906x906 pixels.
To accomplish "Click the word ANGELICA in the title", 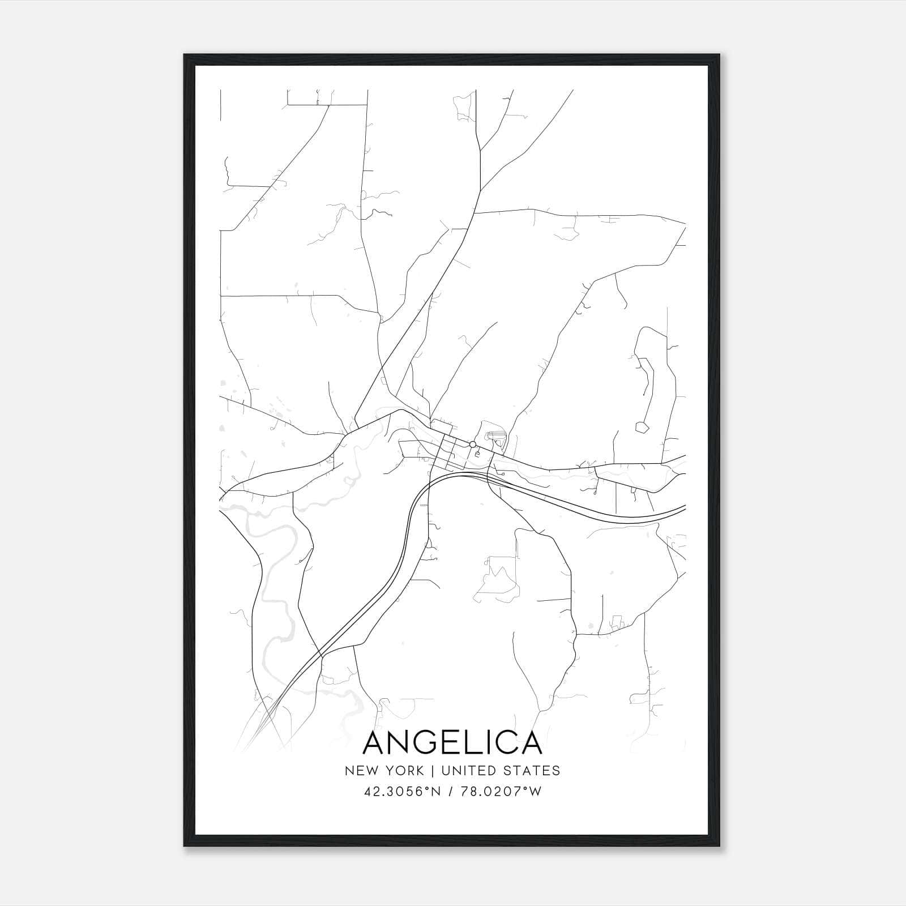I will pyautogui.click(x=452, y=742).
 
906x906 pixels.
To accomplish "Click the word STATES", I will pyautogui.click(x=535, y=771).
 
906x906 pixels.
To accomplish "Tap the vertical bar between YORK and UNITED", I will pyautogui.click(x=432, y=771).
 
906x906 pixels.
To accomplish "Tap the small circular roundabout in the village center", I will pyautogui.click(x=472, y=445).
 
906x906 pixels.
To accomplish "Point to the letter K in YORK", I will pyautogui.click(x=420, y=771).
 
